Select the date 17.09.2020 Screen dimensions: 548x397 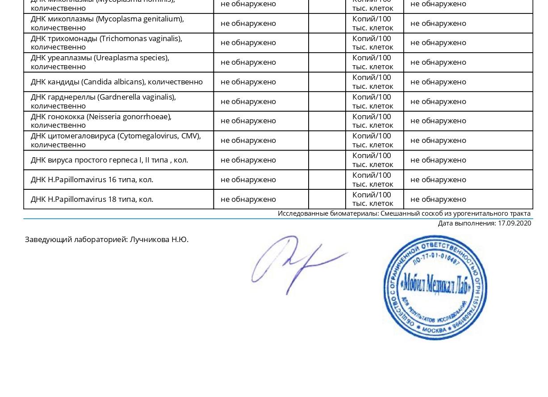[515, 223]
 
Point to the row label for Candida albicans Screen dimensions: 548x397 [117, 82]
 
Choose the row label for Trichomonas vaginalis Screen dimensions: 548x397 [106, 42]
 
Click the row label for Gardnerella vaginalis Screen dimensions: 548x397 [103, 101]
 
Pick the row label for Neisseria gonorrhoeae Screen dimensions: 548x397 [101, 121]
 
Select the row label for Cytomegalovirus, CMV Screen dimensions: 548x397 [116, 140]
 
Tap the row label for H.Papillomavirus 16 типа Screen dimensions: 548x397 [92, 180]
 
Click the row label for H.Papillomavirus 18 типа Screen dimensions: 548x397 [92, 199]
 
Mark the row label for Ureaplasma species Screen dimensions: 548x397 [100, 62]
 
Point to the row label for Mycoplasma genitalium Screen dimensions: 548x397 [107, 23]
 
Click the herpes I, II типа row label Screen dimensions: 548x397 [109, 160]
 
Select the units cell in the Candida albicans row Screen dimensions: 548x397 [372, 82]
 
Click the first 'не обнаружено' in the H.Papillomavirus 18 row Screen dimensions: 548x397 [248, 199]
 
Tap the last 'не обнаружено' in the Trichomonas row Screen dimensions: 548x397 [438, 42]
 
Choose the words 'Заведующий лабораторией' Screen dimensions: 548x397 [76, 239]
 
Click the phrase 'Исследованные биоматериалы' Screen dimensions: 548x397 [328, 213]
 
